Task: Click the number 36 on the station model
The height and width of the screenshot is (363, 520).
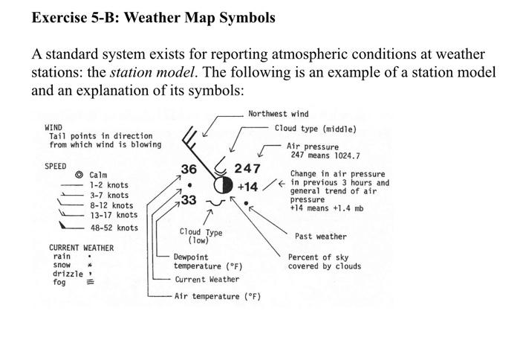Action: (x=189, y=169)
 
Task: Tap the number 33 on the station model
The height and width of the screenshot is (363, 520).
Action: (x=189, y=200)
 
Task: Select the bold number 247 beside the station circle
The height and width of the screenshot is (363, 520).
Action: (x=247, y=169)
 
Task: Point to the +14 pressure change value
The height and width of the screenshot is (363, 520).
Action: (x=247, y=187)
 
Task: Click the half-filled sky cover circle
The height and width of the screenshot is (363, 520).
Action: (x=223, y=184)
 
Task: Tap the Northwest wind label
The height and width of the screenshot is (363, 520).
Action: (x=278, y=114)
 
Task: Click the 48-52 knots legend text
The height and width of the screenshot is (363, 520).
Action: (x=114, y=228)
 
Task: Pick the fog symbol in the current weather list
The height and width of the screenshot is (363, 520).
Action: (x=90, y=283)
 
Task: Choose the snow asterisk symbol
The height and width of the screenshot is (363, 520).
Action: (x=89, y=265)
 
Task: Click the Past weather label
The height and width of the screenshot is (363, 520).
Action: (x=320, y=237)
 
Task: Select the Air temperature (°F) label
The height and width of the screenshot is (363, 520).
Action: (x=217, y=296)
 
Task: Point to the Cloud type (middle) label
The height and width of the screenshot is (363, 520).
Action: (x=315, y=129)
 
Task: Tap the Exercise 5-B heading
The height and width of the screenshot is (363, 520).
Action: (x=153, y=16)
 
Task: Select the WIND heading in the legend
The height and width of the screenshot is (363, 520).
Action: (x=54, y=127)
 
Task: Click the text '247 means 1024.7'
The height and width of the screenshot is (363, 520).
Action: (x=325, y=155)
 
